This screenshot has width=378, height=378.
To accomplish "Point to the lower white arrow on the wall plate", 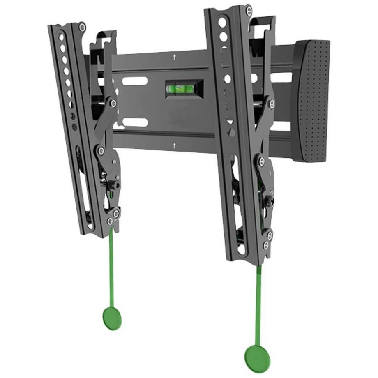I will (175, 145).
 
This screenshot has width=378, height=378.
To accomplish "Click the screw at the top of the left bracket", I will (82, 28).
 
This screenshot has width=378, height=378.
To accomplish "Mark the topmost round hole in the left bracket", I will (61, 37).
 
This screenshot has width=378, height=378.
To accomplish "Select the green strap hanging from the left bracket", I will (111, 263).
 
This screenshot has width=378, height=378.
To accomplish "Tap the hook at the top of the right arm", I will (263, 23).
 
